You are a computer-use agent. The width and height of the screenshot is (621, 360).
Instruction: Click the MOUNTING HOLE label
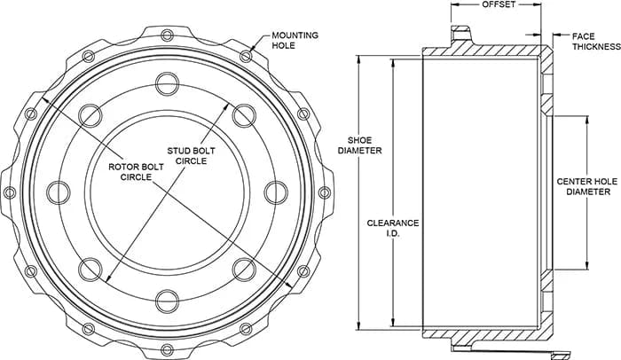(295, 41)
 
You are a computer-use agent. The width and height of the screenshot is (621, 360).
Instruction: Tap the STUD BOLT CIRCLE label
(191, 156)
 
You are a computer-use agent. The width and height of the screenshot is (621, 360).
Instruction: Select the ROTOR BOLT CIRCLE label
(136, 171)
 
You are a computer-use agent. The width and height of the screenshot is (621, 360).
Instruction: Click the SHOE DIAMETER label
(359, 145)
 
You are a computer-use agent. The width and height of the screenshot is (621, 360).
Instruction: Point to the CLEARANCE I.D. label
(392, 228)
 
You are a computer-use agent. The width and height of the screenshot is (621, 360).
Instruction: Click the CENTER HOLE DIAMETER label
(587, 186)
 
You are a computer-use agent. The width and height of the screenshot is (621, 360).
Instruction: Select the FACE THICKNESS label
(596, 41)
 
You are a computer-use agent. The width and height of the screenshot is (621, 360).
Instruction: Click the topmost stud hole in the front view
(167, 83)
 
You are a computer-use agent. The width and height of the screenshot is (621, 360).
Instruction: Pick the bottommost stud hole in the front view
(167, 301)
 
